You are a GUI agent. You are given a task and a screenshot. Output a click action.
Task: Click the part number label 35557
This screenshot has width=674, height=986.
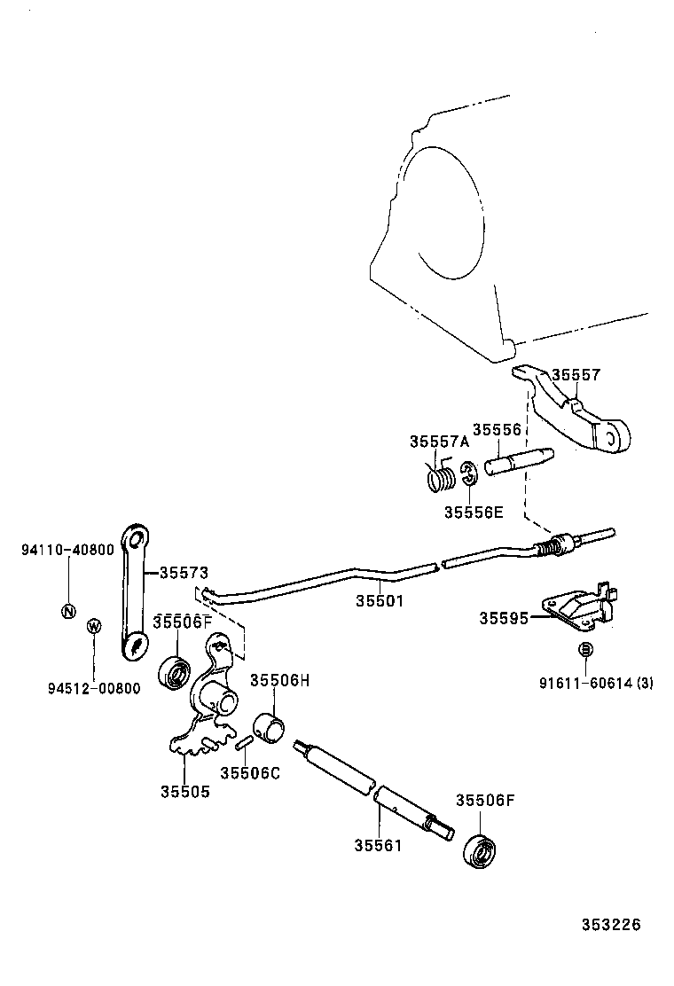pos(576,375)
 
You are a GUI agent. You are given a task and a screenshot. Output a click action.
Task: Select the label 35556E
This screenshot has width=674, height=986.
pos(473,513)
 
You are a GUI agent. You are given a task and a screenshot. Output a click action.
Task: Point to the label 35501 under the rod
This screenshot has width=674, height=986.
pos(380,600)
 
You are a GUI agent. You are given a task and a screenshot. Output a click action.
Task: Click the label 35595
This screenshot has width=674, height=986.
pos(504,618)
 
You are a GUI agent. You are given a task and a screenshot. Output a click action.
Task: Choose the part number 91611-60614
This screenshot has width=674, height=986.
pos(583,683)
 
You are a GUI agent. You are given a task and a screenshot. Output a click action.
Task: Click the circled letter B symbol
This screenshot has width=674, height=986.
pos(585,650)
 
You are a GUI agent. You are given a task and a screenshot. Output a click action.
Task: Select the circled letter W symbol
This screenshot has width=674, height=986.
pos(94,626)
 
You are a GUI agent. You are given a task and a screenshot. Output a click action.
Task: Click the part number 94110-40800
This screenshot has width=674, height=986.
pos(67,550)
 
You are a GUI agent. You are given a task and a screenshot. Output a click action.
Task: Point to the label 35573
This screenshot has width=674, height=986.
pos(184,573)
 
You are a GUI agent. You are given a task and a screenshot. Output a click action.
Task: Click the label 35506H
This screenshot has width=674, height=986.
pos(279,680)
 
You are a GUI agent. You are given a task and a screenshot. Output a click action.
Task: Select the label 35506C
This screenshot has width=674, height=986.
pos(250,772)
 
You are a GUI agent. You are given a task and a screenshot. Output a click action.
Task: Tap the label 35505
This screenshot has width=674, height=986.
pos(185,791)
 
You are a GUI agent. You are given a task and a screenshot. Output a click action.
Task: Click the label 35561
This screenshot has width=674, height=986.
pos(378,845)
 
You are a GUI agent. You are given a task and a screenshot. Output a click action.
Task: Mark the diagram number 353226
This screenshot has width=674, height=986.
pos(610,925)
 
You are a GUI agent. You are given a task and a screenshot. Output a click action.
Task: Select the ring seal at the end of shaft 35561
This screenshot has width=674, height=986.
pos(482,851)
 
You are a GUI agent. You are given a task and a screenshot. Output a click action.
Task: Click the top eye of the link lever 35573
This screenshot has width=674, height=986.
pos(136,539)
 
